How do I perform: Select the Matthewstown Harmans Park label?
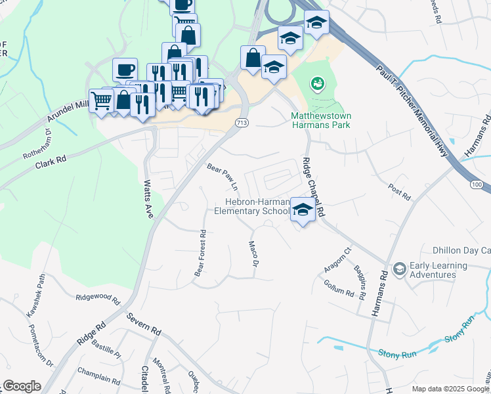[321, 120]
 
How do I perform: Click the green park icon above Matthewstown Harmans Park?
[318, 83]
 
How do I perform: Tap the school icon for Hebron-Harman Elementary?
[302, 210]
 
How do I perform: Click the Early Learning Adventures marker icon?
[399, 269]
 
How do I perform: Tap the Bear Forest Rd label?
[200, 253]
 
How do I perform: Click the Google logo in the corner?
[22, 386]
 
